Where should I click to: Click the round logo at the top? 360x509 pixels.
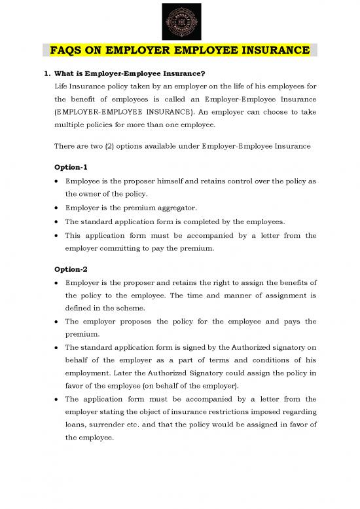180,20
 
